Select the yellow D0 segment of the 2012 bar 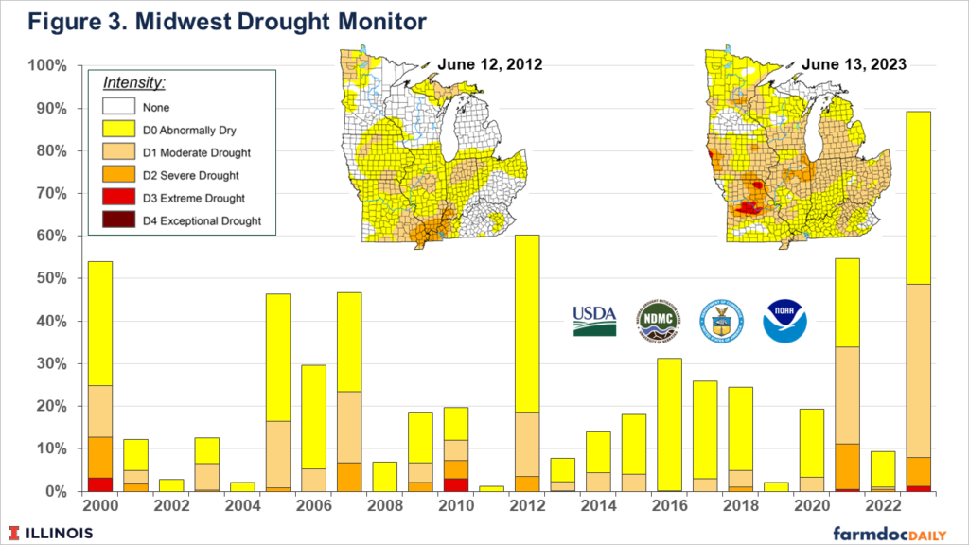(526, 322)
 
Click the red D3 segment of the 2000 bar (99, 484)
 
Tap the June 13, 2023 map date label (854, 65)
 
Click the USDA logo (594, 322)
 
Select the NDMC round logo (658, 322)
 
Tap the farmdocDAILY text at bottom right (893, 532)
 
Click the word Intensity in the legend (132, 83)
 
